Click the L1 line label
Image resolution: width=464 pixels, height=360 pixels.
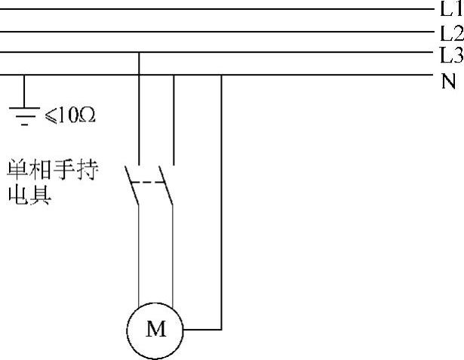click(450, 9)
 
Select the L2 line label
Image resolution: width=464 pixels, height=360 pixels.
click(450, 32)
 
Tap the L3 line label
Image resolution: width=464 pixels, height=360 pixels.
click(450, 54)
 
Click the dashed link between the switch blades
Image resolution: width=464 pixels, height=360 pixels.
click(152, 183)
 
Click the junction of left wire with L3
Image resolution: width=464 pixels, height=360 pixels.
click(140, 53)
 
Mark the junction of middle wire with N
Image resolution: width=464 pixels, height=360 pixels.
click(174, 75)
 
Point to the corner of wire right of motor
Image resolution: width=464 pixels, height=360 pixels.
click(221, 330)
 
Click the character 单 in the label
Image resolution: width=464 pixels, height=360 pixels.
click(17, 168)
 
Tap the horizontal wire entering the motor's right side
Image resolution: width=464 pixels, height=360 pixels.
click(202, 330)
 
